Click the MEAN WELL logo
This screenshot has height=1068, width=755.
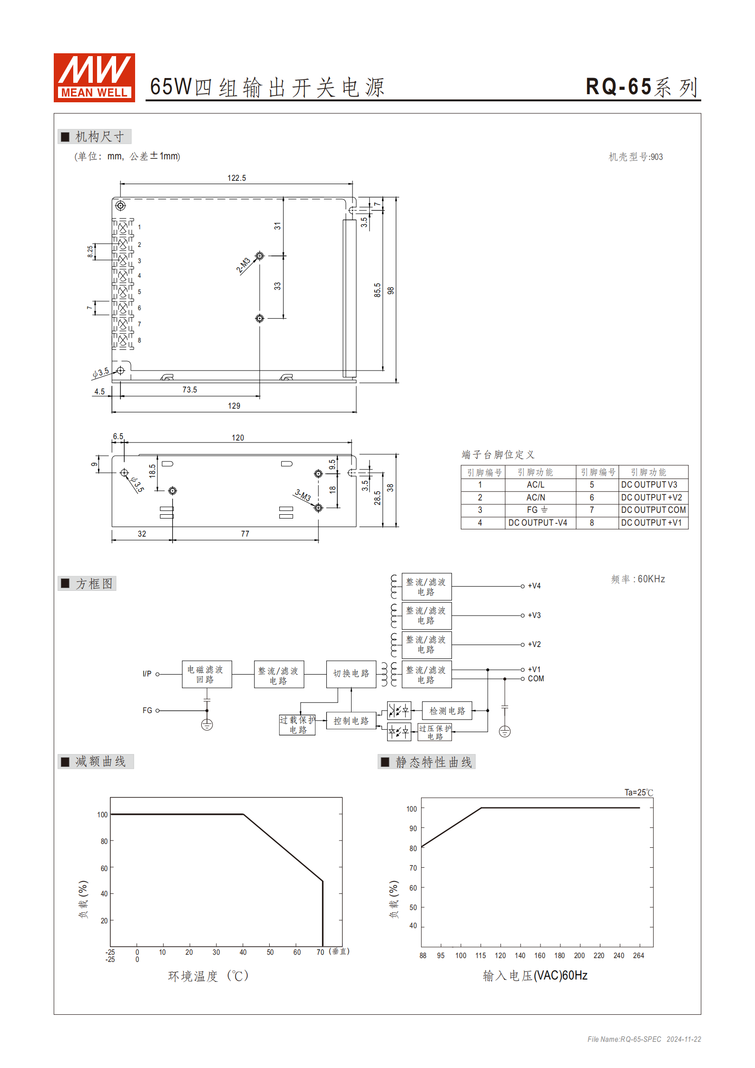[94, 78]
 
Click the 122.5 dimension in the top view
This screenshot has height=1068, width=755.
[236, 178]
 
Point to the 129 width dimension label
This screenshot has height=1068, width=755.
[234, 406]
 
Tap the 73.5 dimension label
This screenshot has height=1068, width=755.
[189, 390]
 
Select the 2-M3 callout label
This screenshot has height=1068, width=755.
[243, 265]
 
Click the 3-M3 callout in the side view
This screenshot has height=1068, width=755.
[303, 495]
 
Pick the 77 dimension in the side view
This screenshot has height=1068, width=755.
[245, 534]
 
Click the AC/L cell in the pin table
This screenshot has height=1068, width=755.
[535, 485]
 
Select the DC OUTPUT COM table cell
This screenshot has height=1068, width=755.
[653, 510]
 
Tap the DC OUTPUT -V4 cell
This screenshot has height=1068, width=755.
[538, 523]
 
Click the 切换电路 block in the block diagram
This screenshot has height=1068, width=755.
[351, 674]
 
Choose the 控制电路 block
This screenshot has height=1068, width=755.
[351, 721]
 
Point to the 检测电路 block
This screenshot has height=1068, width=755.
[447, 711]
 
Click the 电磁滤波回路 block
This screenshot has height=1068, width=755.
[206, 674]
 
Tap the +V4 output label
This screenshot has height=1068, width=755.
[534, 586]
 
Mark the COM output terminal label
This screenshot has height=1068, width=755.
[536, 679]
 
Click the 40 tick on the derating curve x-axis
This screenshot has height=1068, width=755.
[243, 952]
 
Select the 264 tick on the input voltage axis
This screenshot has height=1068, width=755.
[638, 956]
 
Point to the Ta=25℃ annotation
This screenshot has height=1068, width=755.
[638, 793]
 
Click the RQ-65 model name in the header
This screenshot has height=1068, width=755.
[618, 87]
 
